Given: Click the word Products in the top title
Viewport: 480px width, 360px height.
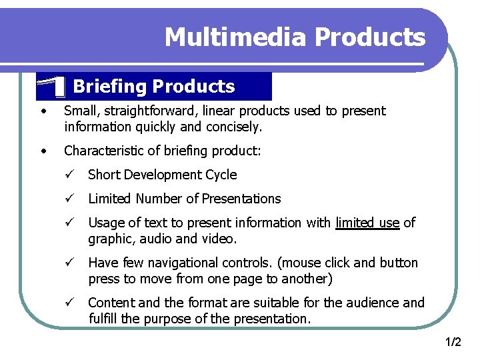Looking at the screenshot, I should (370, 37).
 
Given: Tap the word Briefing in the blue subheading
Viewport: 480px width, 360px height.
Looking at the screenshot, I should (109, 87).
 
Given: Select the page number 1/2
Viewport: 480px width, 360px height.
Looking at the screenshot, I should (453, 342).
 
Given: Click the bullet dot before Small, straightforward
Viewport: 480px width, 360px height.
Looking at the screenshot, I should (43, 111).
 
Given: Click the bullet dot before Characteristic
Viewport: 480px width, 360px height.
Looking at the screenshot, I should (43, 151).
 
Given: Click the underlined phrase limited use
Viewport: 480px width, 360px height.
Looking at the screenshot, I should (367, 223).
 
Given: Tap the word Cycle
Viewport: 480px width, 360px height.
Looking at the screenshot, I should (221, 175).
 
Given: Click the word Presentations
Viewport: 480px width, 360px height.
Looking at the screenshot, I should (241, 199).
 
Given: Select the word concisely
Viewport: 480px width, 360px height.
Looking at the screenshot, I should (233, 127).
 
